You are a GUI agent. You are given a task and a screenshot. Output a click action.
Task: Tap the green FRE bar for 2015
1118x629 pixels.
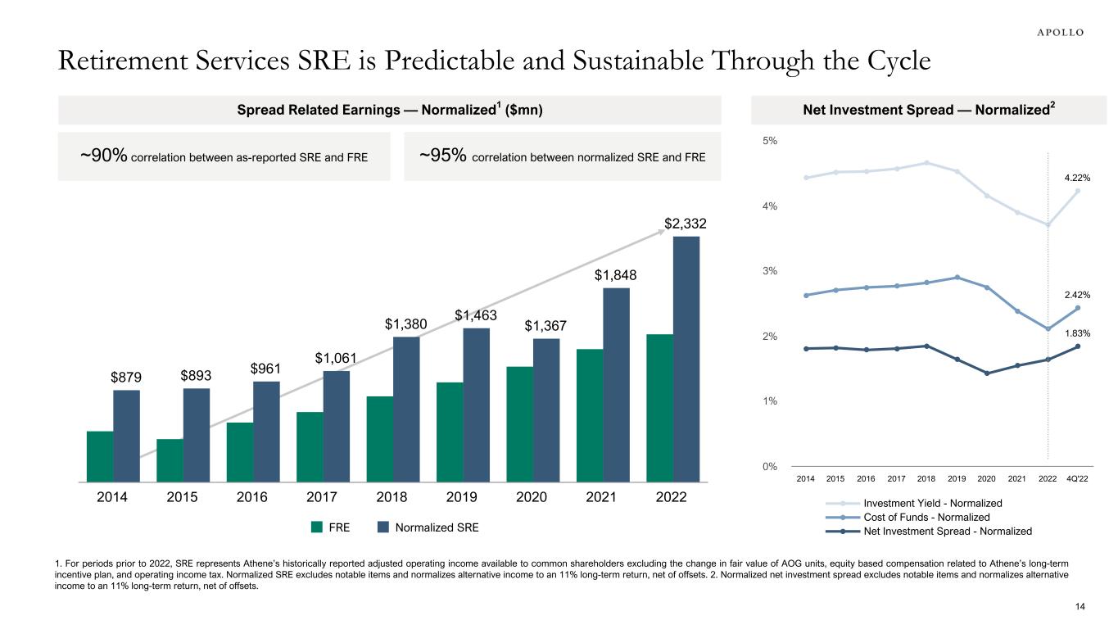[170, 460]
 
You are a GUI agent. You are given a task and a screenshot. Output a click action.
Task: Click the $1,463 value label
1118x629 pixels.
[477, 314]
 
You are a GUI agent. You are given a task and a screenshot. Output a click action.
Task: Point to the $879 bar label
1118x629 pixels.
[126, 378]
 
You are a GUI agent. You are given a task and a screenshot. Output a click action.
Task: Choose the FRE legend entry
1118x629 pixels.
[331, 528]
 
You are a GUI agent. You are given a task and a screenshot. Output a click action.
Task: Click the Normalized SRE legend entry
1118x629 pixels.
[427, 528]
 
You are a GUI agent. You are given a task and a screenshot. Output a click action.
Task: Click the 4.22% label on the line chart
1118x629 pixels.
[1077, 177]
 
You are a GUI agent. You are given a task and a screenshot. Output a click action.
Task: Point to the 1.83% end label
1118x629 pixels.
[1077, 333]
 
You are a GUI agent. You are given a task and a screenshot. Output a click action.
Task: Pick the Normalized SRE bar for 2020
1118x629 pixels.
[546, 410]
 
